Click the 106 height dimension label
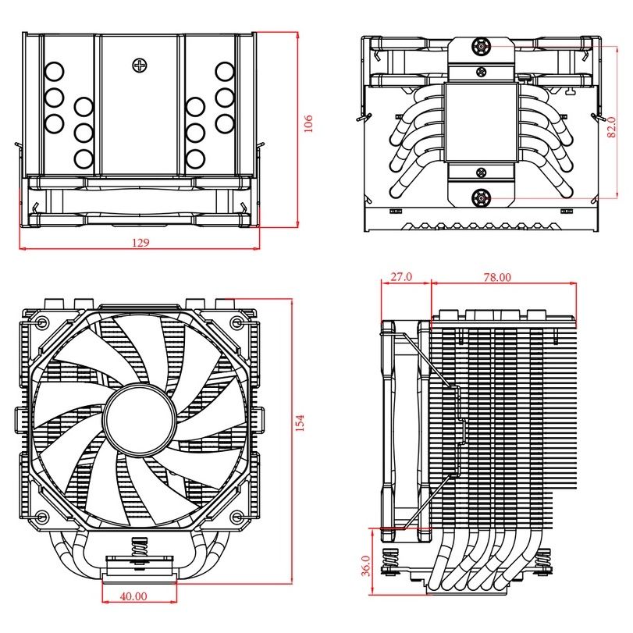click(308, 123)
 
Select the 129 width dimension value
click(140, 243)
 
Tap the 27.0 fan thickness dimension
click(400, 277)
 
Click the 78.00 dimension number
click(497, 277)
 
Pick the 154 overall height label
click(300, 421)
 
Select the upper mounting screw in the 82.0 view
click(482, 48)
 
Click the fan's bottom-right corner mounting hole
click(236, 516)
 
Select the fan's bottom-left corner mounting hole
click(41, 516)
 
